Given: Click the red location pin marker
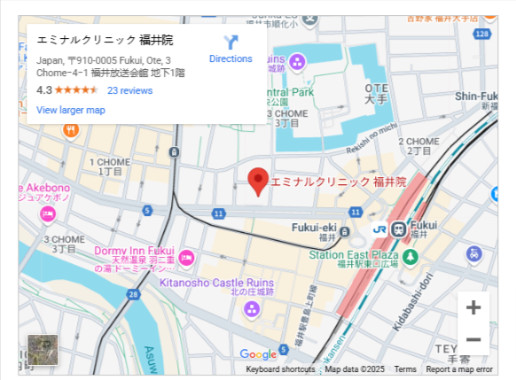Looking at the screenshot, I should pyautogui.click(x=258, y=179).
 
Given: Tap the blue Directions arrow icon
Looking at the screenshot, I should pyautogui.click(x=231, y=42).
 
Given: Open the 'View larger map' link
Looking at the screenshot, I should pyautogui.click(x=71, y=110).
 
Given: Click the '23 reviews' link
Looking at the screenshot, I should pyautogui.click(x=129, y=90).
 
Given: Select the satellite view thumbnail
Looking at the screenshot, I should pyautogui.click(x=43, y=349).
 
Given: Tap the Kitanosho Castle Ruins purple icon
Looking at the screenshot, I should pyautogui.click(x=252, y=309).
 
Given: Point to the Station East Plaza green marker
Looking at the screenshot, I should pyautogui.click(x=410, y=256).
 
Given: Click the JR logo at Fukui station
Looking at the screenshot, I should pyautogui.click(x=379, y=229).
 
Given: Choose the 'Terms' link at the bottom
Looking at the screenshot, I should pyautogui.click(x=405, y=369).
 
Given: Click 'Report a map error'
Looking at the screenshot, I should pyautogui.click(x=458, y=369).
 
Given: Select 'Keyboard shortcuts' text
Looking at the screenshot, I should pyautogui.click(x=280, y=369).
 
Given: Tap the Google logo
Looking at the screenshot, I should pyautogui.click(x=258, y=354).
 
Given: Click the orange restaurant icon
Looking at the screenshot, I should pyautogui.click(x=71, y=130).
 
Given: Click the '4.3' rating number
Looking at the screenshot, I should pyautogui.click(x=44, y=90).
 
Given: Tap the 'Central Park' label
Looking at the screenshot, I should pyautogui.click(x=289, y=92).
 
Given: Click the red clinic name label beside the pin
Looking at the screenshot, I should pyautogui.click(x=338, y=182).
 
